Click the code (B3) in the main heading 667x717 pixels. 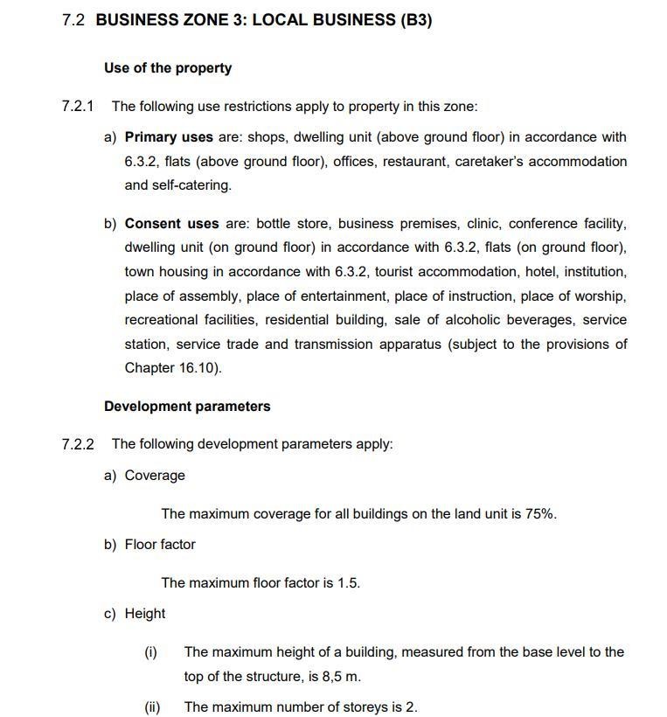point(416,20)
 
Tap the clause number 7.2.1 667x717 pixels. point(77,107)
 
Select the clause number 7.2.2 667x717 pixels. point(77,444)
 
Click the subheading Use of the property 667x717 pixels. point(168,68)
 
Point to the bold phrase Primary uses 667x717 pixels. point(169,137)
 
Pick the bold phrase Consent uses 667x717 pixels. point(171,224)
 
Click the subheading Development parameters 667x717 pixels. point(187,407)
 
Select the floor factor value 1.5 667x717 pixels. point(348,583)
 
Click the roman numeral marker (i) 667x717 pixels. point(150,652)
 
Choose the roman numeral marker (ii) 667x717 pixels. point(152,707)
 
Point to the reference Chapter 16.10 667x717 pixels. point(171,368)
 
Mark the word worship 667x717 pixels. point(600,296)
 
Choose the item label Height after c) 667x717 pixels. point(145,614)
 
